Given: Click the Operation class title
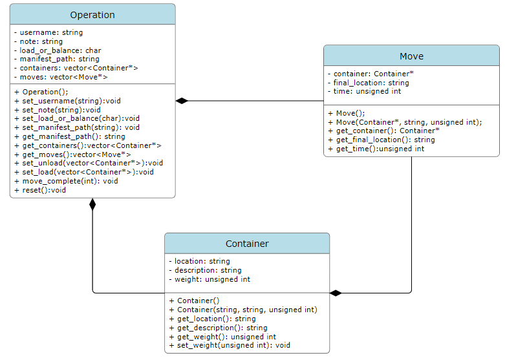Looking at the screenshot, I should pyautogui.click(x=92, y=15).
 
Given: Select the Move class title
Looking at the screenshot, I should pyautogui.click(x=411, y=56).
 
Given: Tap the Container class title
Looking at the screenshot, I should pyautogui.click(x=247, y=244).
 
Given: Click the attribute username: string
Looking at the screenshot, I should pyautogui.click(x=48, y=32).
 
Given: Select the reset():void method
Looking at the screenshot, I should pyautogui.click(x=39, y=191).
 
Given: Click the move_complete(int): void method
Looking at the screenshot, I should pyautogui.click(x=65, y=182).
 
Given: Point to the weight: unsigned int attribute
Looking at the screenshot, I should pyautogui.click(x=209, y=280).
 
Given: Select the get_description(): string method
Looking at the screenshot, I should pyautogui.click(x=217, y=328).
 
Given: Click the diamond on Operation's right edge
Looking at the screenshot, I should pyautogui.click(x=182, y=101).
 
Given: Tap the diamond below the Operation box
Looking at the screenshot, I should pyautogui.click(x=92, y=204).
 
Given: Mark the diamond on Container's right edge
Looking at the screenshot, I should pyautogui.click(x=336, y=293).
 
